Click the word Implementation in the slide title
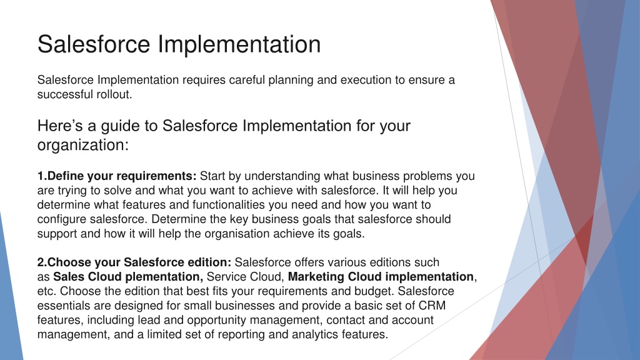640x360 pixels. (239, 44)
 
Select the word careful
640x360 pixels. (247, 80)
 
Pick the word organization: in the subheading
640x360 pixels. (83, 145)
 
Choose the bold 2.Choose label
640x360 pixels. (64, 262)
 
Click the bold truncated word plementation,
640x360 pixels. (164, 277)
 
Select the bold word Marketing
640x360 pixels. (316, 277)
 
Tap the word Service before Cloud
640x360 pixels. (226, 277)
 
